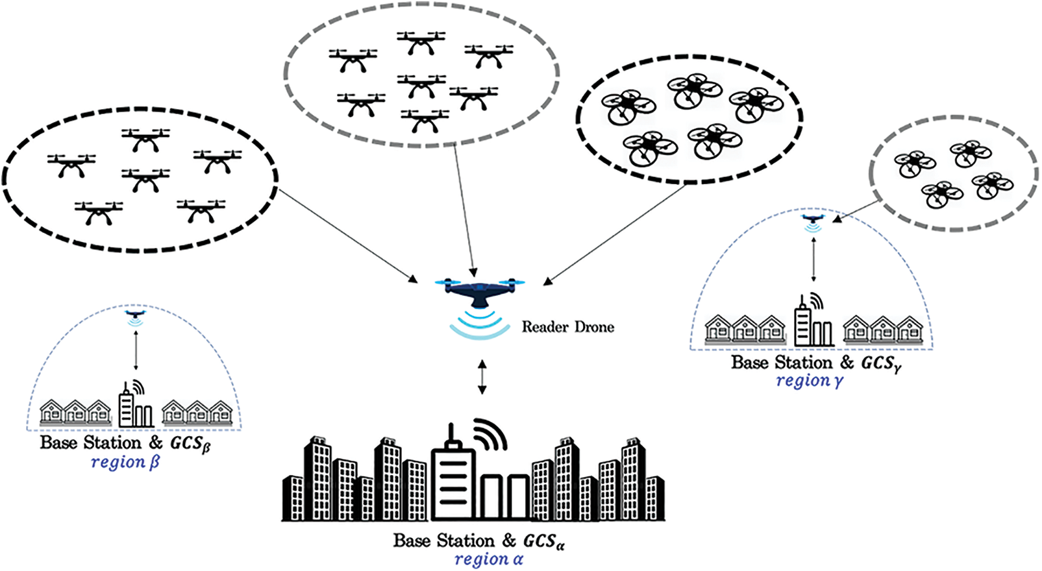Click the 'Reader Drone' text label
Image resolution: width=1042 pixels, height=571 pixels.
(x=567, y=327)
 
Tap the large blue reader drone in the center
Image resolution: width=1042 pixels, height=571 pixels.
(x=480, y=291)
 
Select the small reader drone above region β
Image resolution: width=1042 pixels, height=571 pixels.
(x=135, y=315)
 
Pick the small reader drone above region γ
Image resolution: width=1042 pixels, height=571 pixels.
(x=812, y=219)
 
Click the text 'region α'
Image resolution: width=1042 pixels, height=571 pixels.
(x=488, y=559)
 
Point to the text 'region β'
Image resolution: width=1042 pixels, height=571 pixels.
(x=125, y=463)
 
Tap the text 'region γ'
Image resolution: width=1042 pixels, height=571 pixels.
(x=809, y=381)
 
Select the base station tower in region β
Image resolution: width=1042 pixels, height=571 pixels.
(x=127, y=406)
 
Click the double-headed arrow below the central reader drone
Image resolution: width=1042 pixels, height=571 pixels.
(x=481, y=377)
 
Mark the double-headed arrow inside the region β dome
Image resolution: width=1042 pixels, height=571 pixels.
(x=135, y=350)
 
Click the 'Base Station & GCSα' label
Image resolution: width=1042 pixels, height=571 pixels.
(x=478, y=541)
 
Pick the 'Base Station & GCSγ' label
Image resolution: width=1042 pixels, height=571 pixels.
(x=815, y=363)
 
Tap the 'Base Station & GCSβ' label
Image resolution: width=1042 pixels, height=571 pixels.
(x=125, y=443)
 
